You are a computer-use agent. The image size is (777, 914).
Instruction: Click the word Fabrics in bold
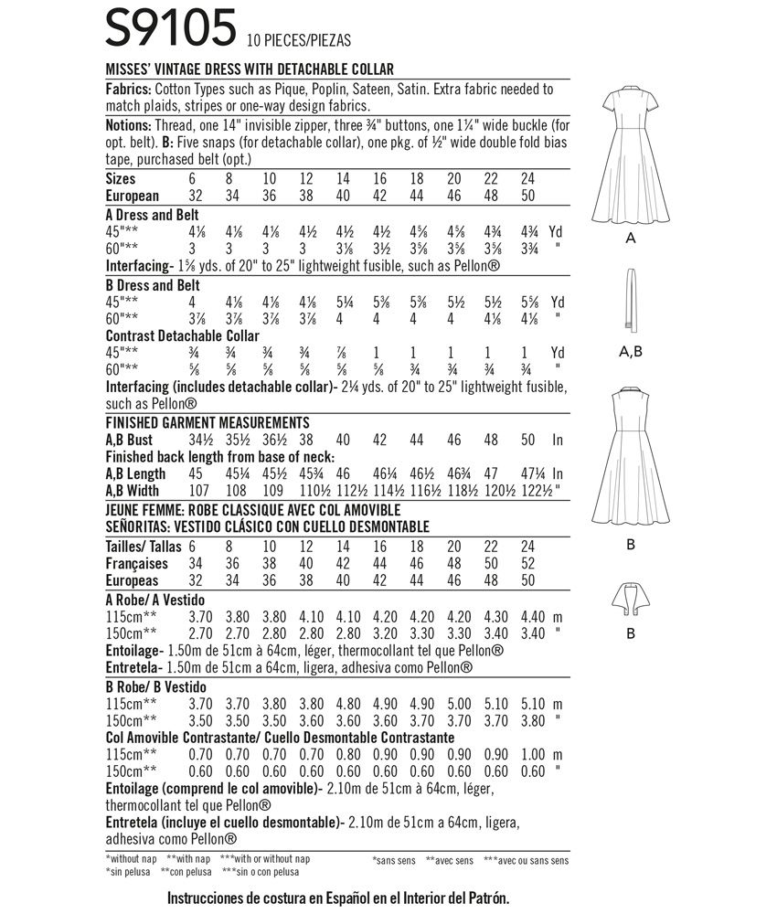point(129,90)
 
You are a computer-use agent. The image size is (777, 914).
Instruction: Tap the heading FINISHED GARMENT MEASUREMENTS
point(207,422)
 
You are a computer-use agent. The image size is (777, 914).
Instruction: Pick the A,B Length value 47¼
point(528,473)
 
